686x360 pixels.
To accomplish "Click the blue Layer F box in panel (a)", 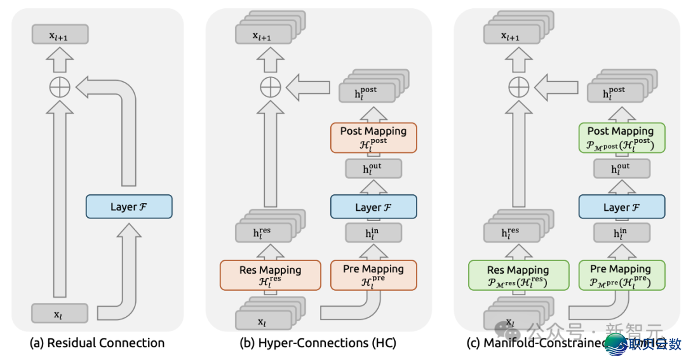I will pos(129,206).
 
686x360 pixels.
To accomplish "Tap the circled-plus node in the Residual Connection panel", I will pos(60,87).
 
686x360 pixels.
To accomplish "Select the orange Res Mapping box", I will pos(270,275).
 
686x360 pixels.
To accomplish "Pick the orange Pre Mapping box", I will pos(373,274).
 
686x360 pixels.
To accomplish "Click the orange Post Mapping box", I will pos(373,137).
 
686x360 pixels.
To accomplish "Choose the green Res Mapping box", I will pos(518,275).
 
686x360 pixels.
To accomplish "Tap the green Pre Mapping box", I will pos(621,274).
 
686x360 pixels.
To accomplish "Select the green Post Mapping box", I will pos(621,137).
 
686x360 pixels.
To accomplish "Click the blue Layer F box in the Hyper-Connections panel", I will pos(373,207).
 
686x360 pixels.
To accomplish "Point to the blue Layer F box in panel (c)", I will pos(621,207).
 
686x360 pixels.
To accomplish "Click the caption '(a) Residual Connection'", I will pos(97,343).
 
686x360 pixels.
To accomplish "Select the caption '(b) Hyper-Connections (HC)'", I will pos(318,343).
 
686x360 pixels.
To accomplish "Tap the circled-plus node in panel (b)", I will pos(270,87).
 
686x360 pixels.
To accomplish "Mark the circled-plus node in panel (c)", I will pos(518,87).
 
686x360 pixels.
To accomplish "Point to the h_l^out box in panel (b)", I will pos(373,169).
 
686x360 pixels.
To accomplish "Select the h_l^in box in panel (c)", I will pos(621,233).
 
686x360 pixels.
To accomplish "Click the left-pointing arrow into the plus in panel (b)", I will pos(307,87).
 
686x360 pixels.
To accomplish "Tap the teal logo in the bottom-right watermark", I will pos(614,343).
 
